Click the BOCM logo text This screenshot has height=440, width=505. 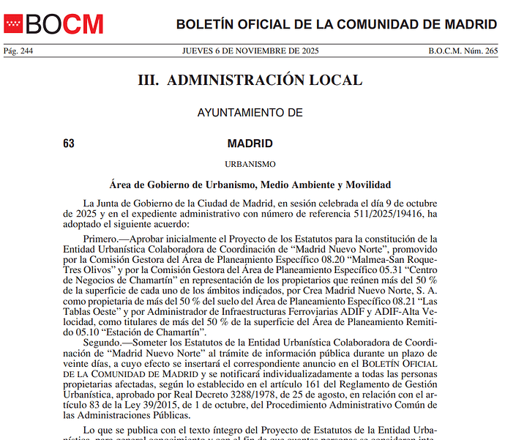[x=64, y=24]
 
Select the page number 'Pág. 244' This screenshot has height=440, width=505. [x=18, y=51]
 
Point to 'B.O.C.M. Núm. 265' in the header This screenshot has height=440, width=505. [x=463, y=51]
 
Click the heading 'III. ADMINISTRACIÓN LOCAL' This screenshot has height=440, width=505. [x=250, y=80]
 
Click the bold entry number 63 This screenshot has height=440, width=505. [x=69, y=143]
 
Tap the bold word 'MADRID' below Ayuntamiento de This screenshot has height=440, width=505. [x=250, y=143]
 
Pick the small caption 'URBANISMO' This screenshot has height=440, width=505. [x=250, y=164]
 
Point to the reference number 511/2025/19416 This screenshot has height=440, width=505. [x=389, y=214]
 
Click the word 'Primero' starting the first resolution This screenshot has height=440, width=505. [x=100, y=239]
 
